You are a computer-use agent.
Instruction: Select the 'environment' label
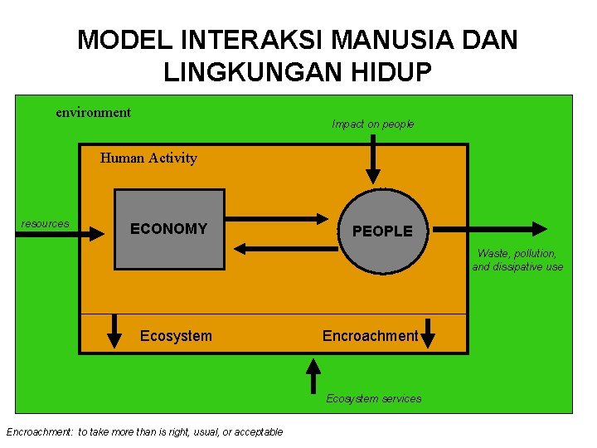tap(93, 112)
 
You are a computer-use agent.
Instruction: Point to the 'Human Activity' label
tap(148, 158)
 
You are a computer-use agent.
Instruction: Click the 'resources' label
tap(45, 224)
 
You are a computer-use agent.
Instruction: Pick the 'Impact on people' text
tap(372, 124)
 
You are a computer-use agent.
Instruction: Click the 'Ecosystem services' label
tap(373, 399)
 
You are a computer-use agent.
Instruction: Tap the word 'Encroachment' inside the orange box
tap(370, 336)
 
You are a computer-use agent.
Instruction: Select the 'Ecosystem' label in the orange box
tap(176, 336)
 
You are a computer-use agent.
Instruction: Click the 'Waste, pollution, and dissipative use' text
tap(517, 260)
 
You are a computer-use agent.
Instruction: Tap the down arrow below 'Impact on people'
tap(373, 159)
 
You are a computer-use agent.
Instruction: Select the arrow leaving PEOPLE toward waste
tap(490, 228)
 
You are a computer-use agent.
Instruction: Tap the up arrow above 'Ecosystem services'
tap(313, 375)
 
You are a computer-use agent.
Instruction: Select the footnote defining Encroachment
tap(144, 431)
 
